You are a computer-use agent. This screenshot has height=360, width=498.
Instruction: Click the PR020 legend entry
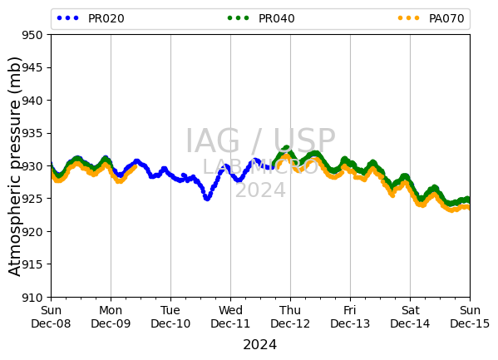tap(91, 18)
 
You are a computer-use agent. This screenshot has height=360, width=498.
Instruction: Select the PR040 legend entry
tap(261, 18)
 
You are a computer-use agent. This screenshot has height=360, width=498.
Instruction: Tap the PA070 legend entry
tap(431, 18)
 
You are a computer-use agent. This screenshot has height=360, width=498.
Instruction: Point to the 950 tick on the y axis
tap(32, 35)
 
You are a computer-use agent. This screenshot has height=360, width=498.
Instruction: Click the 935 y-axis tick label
tap(32, 134)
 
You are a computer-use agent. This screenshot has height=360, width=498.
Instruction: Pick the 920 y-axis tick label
tap(32, 232)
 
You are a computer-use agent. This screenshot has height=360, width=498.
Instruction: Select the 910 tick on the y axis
tap(32, 298)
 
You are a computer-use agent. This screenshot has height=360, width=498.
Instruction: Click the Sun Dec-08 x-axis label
tap(51, 317)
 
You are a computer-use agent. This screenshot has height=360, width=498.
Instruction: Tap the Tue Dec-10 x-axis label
tap(170, 317)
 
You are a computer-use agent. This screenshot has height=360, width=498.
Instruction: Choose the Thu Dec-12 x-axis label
tap(290, 317)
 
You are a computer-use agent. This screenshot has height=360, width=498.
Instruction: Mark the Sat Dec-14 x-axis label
tap(410, 317)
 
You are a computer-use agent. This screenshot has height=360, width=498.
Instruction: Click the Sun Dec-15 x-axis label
tap(470, 317)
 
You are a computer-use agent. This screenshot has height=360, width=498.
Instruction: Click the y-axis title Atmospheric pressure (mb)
tap(14, 166)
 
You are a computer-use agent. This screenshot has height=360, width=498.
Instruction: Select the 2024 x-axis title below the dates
tap(259, 345)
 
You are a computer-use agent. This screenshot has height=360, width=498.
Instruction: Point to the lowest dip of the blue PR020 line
tap(207, 198)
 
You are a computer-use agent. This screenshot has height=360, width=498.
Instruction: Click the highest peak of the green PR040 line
tap(287, 148)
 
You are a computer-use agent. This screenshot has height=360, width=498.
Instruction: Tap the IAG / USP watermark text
tap(260, 141)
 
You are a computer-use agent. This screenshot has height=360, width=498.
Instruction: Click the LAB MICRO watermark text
tap(260, 167)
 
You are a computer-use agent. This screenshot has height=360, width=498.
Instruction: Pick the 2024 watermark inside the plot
tap(260, 190)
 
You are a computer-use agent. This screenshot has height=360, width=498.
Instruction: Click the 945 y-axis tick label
tap(32, 67)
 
